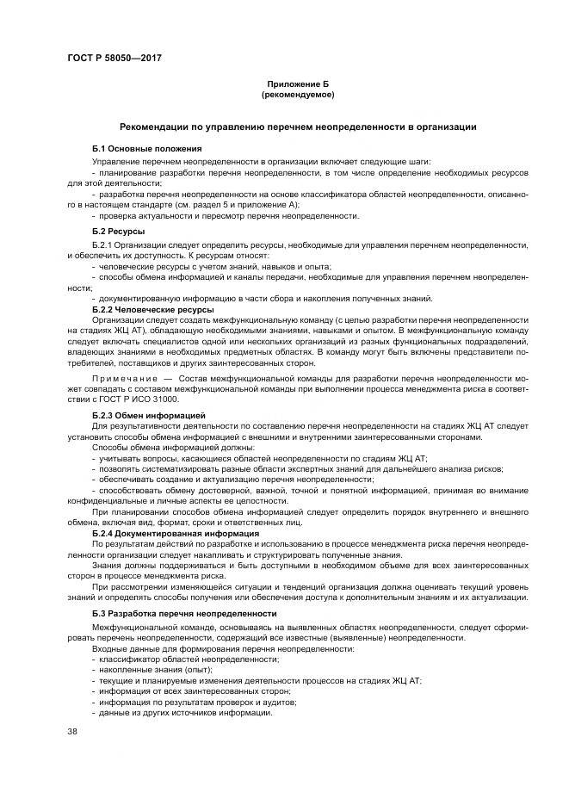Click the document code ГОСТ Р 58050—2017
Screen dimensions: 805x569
tap(114, 58)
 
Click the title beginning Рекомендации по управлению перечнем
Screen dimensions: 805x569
tap(298, 127)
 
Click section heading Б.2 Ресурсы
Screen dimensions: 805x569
tap(118, 232)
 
